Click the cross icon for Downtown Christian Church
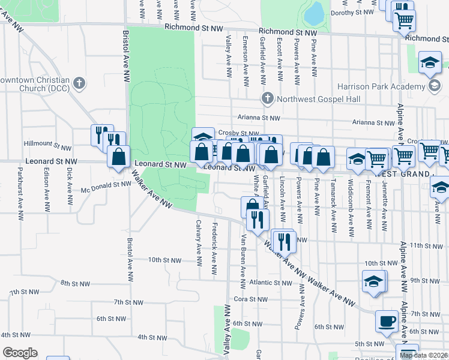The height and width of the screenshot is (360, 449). pyautogui.click(x=79, y=81)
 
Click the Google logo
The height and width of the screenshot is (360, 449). pyautogui.click(x=20, y=353)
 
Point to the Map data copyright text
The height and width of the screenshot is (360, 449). pyautogui.click(x=424, y=355)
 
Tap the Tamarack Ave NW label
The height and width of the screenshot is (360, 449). pyautogui.click(x=333, y=203)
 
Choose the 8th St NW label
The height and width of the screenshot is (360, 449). pyautogui.click(x=75, y=283)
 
